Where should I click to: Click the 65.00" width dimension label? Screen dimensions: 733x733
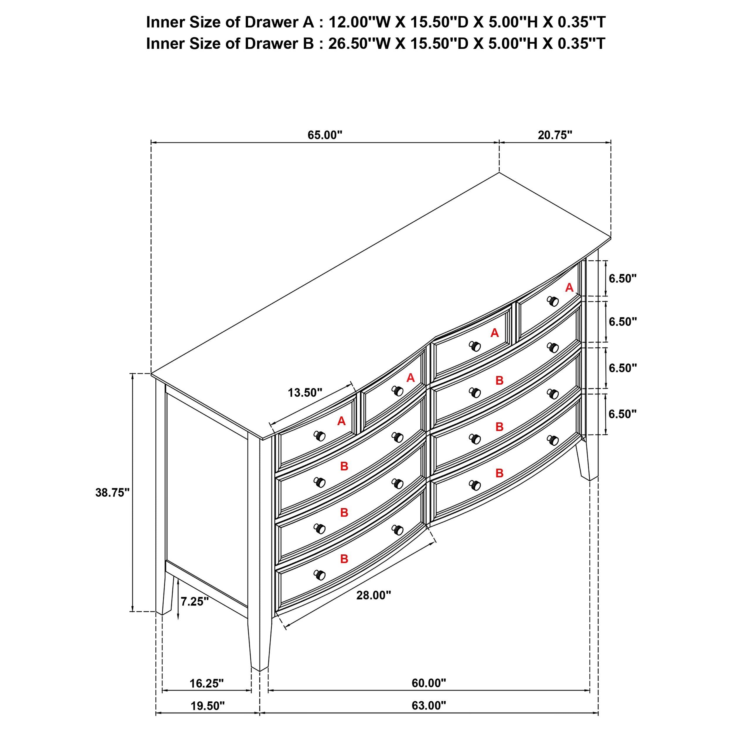[x=325, y=135]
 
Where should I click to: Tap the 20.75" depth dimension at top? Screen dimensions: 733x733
[x=555, y=135]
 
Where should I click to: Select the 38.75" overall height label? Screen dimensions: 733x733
[x=113, y=493]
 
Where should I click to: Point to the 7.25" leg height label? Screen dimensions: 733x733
[x=195, y=602]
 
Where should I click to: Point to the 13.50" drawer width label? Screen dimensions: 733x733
[x=305, y=393]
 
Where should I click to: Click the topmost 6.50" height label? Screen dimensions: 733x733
[x=622, y=279]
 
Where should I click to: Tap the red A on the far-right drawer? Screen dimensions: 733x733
[x=569, y=288]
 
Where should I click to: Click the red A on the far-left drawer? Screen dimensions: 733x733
[x=342, y=421]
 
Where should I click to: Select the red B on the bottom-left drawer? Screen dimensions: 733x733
[x=344, y=559]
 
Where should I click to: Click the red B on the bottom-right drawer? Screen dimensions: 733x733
[x=499, y=473]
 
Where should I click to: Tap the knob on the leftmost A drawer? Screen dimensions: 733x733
[x=320, y=436]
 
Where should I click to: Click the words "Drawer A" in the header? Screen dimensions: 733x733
[x=279, y=22]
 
